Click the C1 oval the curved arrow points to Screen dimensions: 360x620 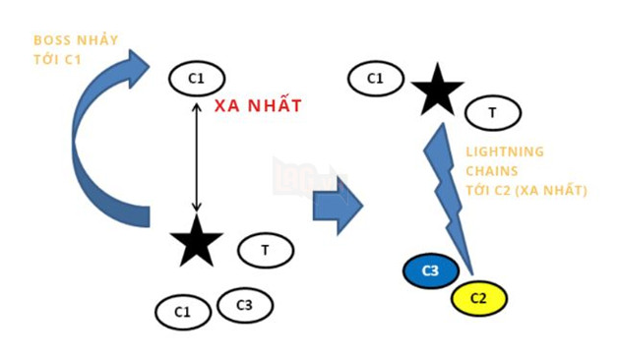click(197, 77)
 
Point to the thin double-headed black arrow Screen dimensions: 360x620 click(197, 157)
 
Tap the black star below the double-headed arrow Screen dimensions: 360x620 click(197, 242)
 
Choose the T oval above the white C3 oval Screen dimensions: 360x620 click(265, 250)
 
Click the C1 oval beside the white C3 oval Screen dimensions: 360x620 click(183, 312)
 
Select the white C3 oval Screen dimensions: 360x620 click(244, 305)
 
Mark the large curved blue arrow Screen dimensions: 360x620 click(93, 138)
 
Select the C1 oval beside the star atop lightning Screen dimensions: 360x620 click(375, 78)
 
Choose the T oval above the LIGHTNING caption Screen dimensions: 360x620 click(492, 114)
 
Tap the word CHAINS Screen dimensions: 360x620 click(490, 171)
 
